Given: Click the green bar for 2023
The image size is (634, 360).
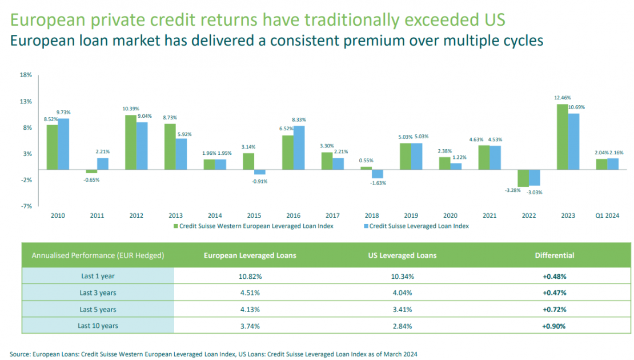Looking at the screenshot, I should (562, 137).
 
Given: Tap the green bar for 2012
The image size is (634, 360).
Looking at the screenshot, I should (131, 142).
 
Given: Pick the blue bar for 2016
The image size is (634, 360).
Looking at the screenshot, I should (299, 147).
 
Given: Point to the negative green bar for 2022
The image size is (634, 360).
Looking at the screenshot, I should (523, 178).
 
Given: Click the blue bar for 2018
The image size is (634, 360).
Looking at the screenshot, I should (377, 174).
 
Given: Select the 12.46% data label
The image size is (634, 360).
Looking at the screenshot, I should (562, 98).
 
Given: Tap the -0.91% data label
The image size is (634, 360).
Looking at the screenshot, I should (259, 181).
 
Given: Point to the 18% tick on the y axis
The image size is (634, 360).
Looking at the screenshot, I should (26, 75).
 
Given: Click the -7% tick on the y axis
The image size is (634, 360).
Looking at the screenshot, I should (26, 206).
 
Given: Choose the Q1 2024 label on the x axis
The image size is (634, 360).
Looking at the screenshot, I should (607, 216).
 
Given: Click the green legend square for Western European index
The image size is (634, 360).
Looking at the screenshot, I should (176, 226).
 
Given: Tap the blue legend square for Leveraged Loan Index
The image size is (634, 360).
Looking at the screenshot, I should (366, 226).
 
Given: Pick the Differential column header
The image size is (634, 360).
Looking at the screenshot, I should (554, 255).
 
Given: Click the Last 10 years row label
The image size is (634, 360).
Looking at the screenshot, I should (98, 326).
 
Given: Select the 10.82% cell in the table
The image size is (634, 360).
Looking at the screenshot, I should (250, 276).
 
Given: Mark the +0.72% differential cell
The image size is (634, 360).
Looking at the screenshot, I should (554, 309).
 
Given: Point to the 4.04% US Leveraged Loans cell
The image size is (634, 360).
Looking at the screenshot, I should (402, 293).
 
